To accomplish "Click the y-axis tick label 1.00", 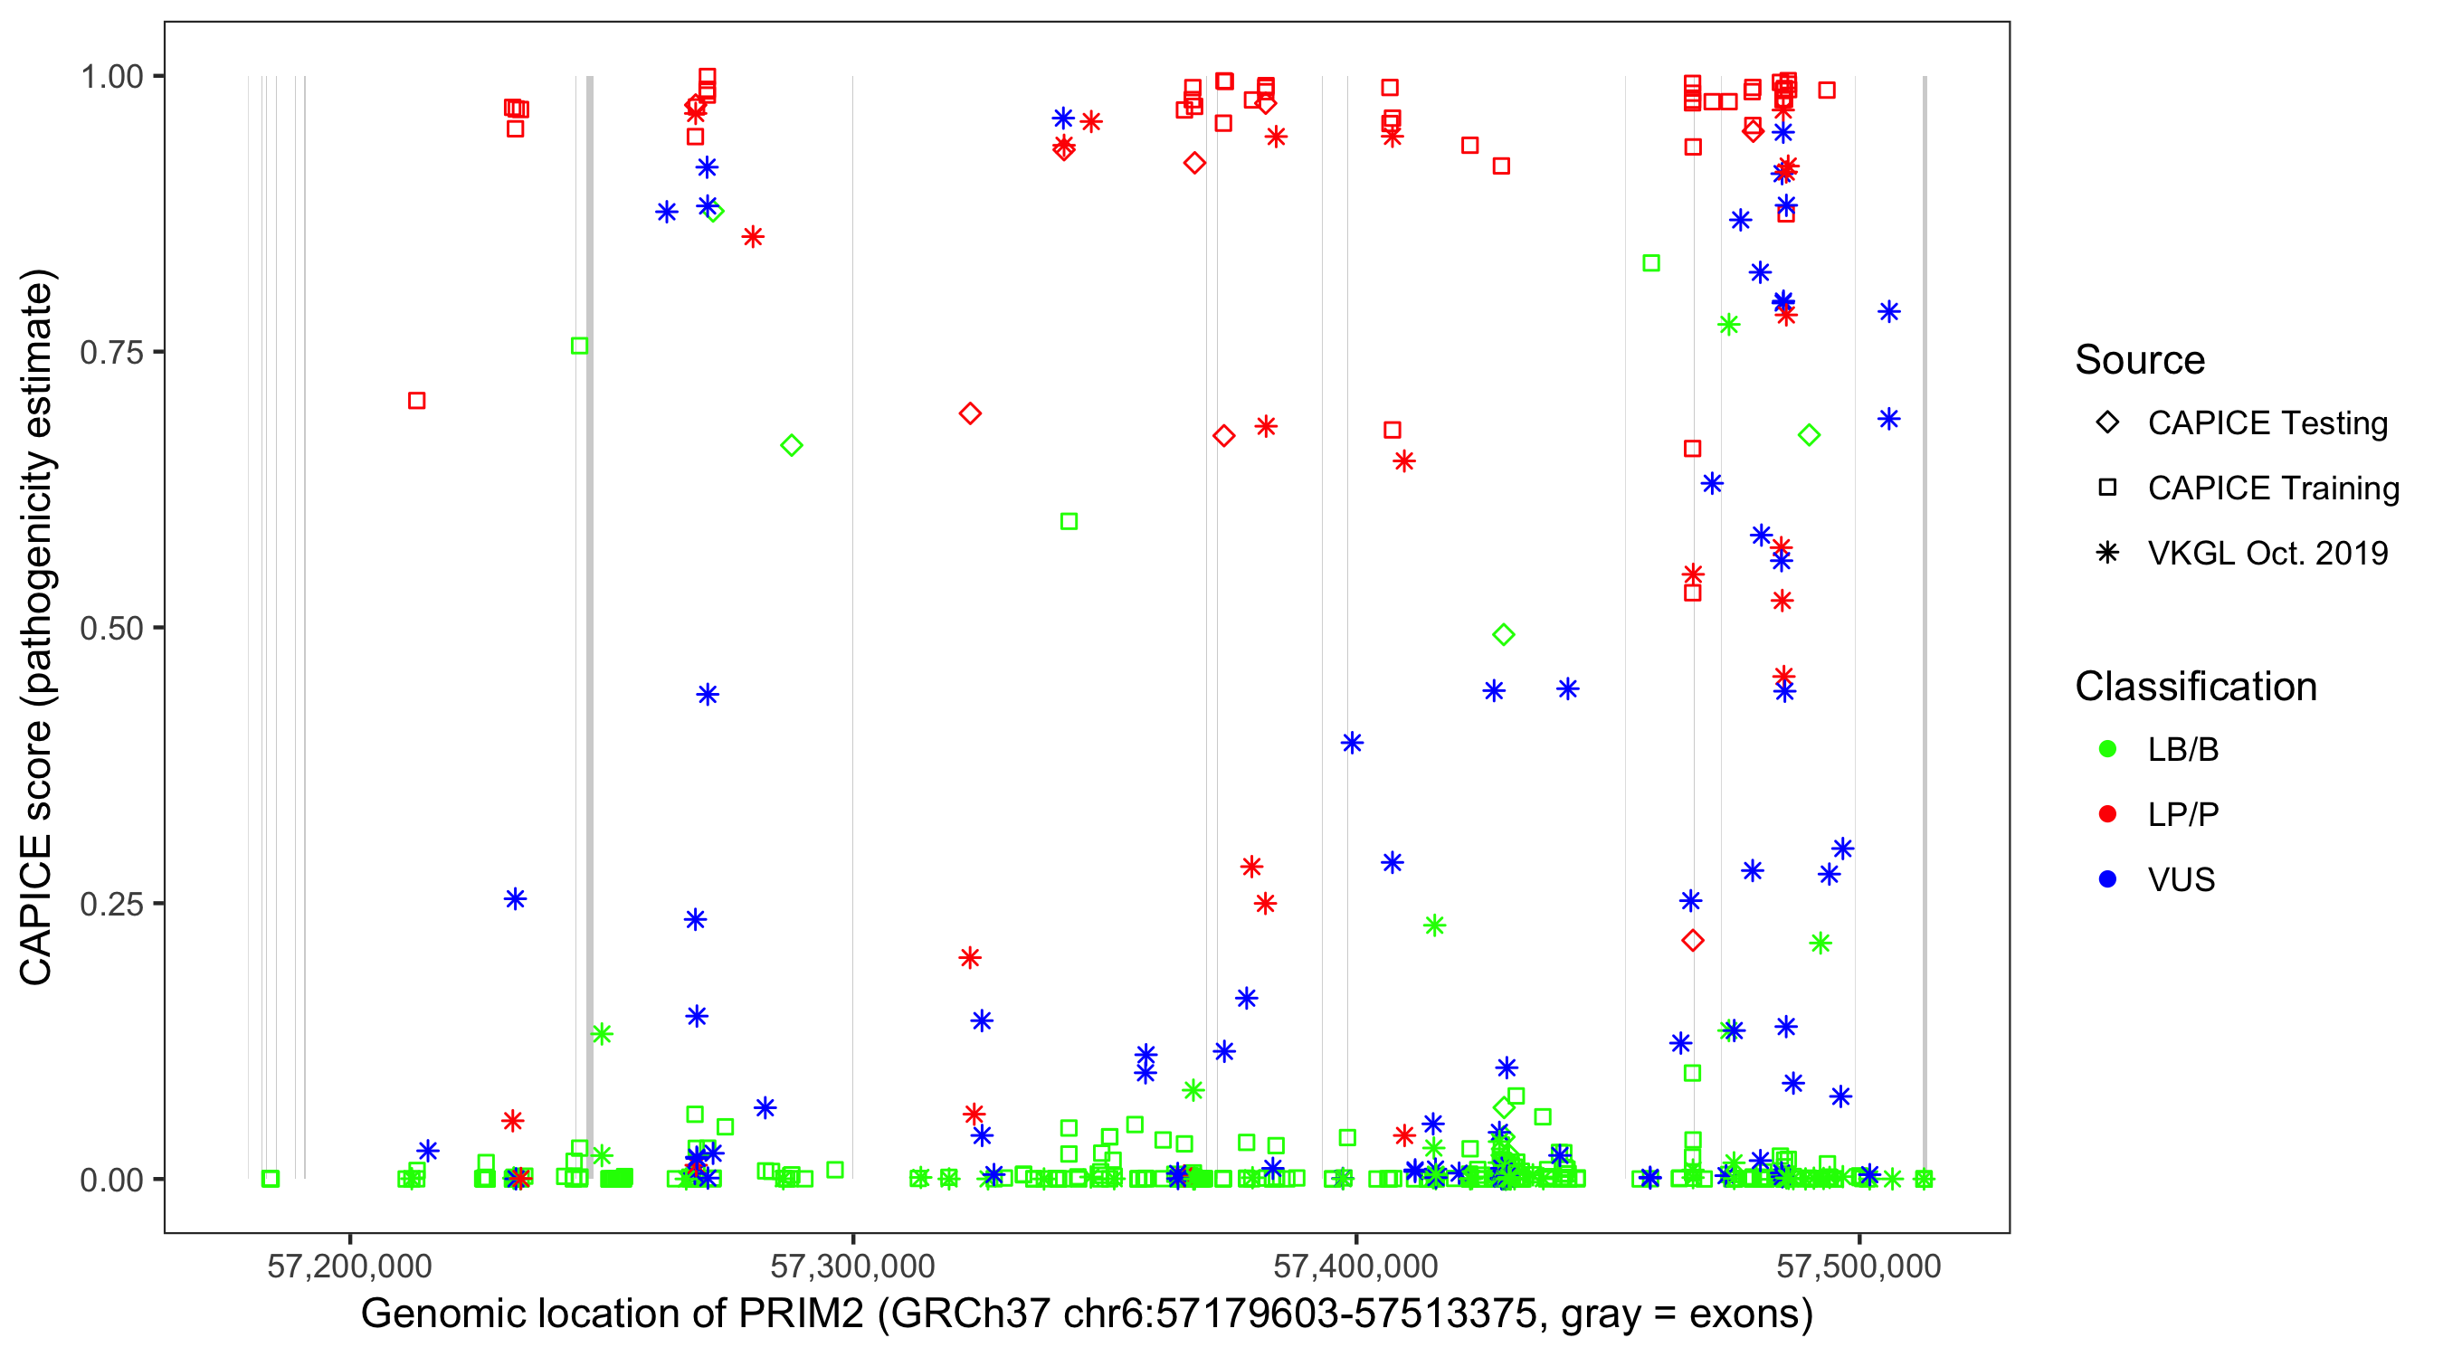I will tap(111, 77).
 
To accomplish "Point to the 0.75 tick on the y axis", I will tap(111, 353).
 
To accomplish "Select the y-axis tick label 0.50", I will tap(111, 629).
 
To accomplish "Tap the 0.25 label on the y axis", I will tap(111, 904).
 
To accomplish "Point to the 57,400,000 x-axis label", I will tap(1355, 1266).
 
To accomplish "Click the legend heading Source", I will tap(2140, 360).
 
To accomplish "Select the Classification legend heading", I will tap(2195, 687).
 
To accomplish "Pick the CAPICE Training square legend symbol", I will tap(2107, 489).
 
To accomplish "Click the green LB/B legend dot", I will tap(2107, 749).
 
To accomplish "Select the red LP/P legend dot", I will tap(2107, 814).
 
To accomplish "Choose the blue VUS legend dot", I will tap(2107, 879).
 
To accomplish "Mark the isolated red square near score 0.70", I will tap(416, 401).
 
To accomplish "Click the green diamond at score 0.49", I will tap(1503, 634).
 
